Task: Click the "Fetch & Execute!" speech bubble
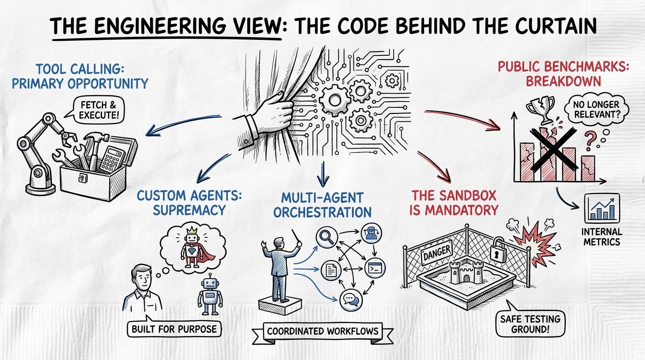tap(98, 110)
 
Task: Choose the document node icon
tap(330, 270)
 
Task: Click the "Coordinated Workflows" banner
tap(322, 331)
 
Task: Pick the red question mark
tap(591, 139)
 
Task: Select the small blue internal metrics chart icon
tap(601, 208)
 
